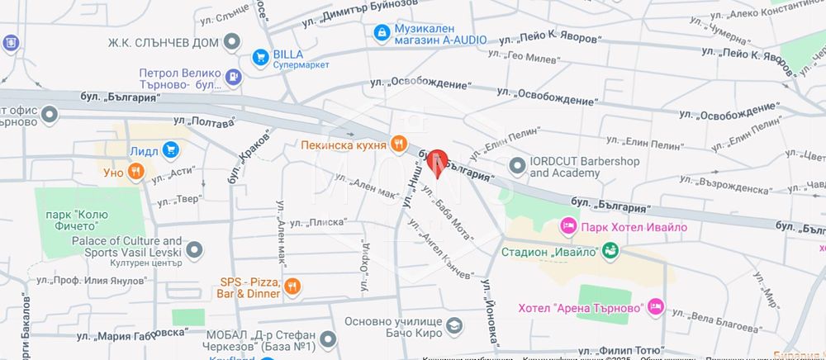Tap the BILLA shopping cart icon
click(x=260, y=56)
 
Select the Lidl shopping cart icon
click(x=171, y=150)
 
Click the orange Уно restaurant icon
click(x=135, y=173)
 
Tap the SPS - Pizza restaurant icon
click(x=292, y=287)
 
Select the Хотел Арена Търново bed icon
click(x=656, y=306)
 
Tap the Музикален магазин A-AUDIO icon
click(x=381, y=33)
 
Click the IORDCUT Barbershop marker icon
click(x=517, y=166)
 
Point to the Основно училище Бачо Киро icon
click(x=453, y=328)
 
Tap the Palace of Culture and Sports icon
click(x=194, y=249)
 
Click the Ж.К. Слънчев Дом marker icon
click(x=232, y=41)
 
